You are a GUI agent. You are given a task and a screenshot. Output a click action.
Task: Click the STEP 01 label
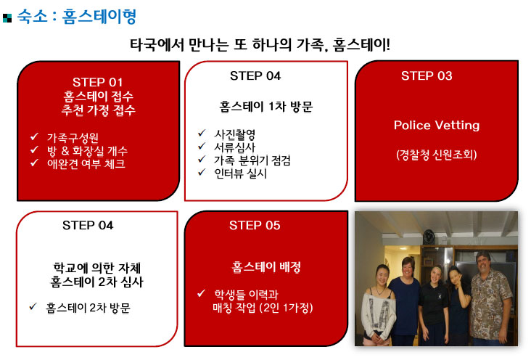tap(97, 82)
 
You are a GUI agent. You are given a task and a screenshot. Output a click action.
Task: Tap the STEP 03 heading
tap(427, 75)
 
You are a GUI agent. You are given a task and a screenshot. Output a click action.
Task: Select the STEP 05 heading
tap(255, 225)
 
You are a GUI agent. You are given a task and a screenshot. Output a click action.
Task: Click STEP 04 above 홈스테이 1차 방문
tap(255, 75)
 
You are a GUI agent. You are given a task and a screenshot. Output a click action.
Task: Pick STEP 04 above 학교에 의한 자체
tap(88, 225)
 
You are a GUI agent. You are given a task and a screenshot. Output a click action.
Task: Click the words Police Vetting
tap(437, 126)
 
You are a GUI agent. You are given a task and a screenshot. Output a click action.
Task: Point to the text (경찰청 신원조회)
tap(437, 155)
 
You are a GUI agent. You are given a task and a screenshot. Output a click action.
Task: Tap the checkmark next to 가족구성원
tap(35, 136)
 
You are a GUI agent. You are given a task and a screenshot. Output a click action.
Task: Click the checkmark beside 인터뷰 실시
tap(202, 172)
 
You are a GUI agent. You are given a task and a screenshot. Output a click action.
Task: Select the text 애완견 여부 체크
tap(86, 164)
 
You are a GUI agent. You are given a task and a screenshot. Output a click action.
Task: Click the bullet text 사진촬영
tap(235, 134)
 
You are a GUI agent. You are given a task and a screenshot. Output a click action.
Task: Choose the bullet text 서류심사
tap(235, 147)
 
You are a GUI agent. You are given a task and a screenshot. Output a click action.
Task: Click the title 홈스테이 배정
tap(266, 267)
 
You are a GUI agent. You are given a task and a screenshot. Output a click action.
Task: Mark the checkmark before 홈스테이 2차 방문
tap(33, 306)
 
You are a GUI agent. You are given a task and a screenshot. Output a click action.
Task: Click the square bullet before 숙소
tap(7, 18)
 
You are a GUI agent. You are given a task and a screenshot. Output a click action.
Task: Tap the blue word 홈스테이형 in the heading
tap(99, 16)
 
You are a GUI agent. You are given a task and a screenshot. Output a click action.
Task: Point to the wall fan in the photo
tap(429, 236)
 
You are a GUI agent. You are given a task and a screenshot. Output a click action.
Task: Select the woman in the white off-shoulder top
tap(378, 304)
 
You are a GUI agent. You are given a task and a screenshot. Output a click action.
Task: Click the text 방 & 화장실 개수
tap(87, 151)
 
